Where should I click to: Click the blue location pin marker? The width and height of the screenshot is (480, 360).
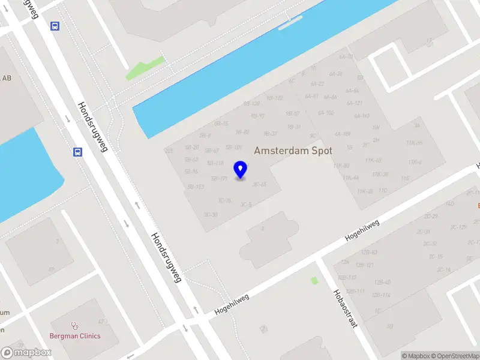click(241, 170)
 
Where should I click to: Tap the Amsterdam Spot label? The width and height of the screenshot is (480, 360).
click(293, 150)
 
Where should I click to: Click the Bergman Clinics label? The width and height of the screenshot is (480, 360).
click(75, 336)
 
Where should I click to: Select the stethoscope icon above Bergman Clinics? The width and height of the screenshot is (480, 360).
click(75, 326)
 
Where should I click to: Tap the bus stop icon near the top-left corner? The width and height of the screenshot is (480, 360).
click(55, 26)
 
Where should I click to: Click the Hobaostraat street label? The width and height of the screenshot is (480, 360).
click(345, 308)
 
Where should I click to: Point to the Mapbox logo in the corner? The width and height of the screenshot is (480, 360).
click(26, 353)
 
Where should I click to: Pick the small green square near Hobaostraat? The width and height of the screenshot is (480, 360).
click(314, 280)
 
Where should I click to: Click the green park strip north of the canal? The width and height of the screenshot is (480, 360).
click(144, 68)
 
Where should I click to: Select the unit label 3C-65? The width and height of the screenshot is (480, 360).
click(259, 184)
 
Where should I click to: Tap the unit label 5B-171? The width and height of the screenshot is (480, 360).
click(219, 179)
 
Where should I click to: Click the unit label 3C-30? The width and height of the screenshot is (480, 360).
click(210, 215)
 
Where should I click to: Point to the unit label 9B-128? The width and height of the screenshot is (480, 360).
click(251, 103)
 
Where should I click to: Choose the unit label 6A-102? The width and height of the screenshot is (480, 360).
click(326, 112)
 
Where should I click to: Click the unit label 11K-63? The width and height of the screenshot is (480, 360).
click(373, 160)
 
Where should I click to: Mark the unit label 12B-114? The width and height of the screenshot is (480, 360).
click(382, 295)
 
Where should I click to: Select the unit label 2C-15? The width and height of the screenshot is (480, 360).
click(436, 257)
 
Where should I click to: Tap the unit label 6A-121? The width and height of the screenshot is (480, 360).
click(354, 103)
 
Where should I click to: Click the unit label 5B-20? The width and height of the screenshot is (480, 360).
click(192, 147)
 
